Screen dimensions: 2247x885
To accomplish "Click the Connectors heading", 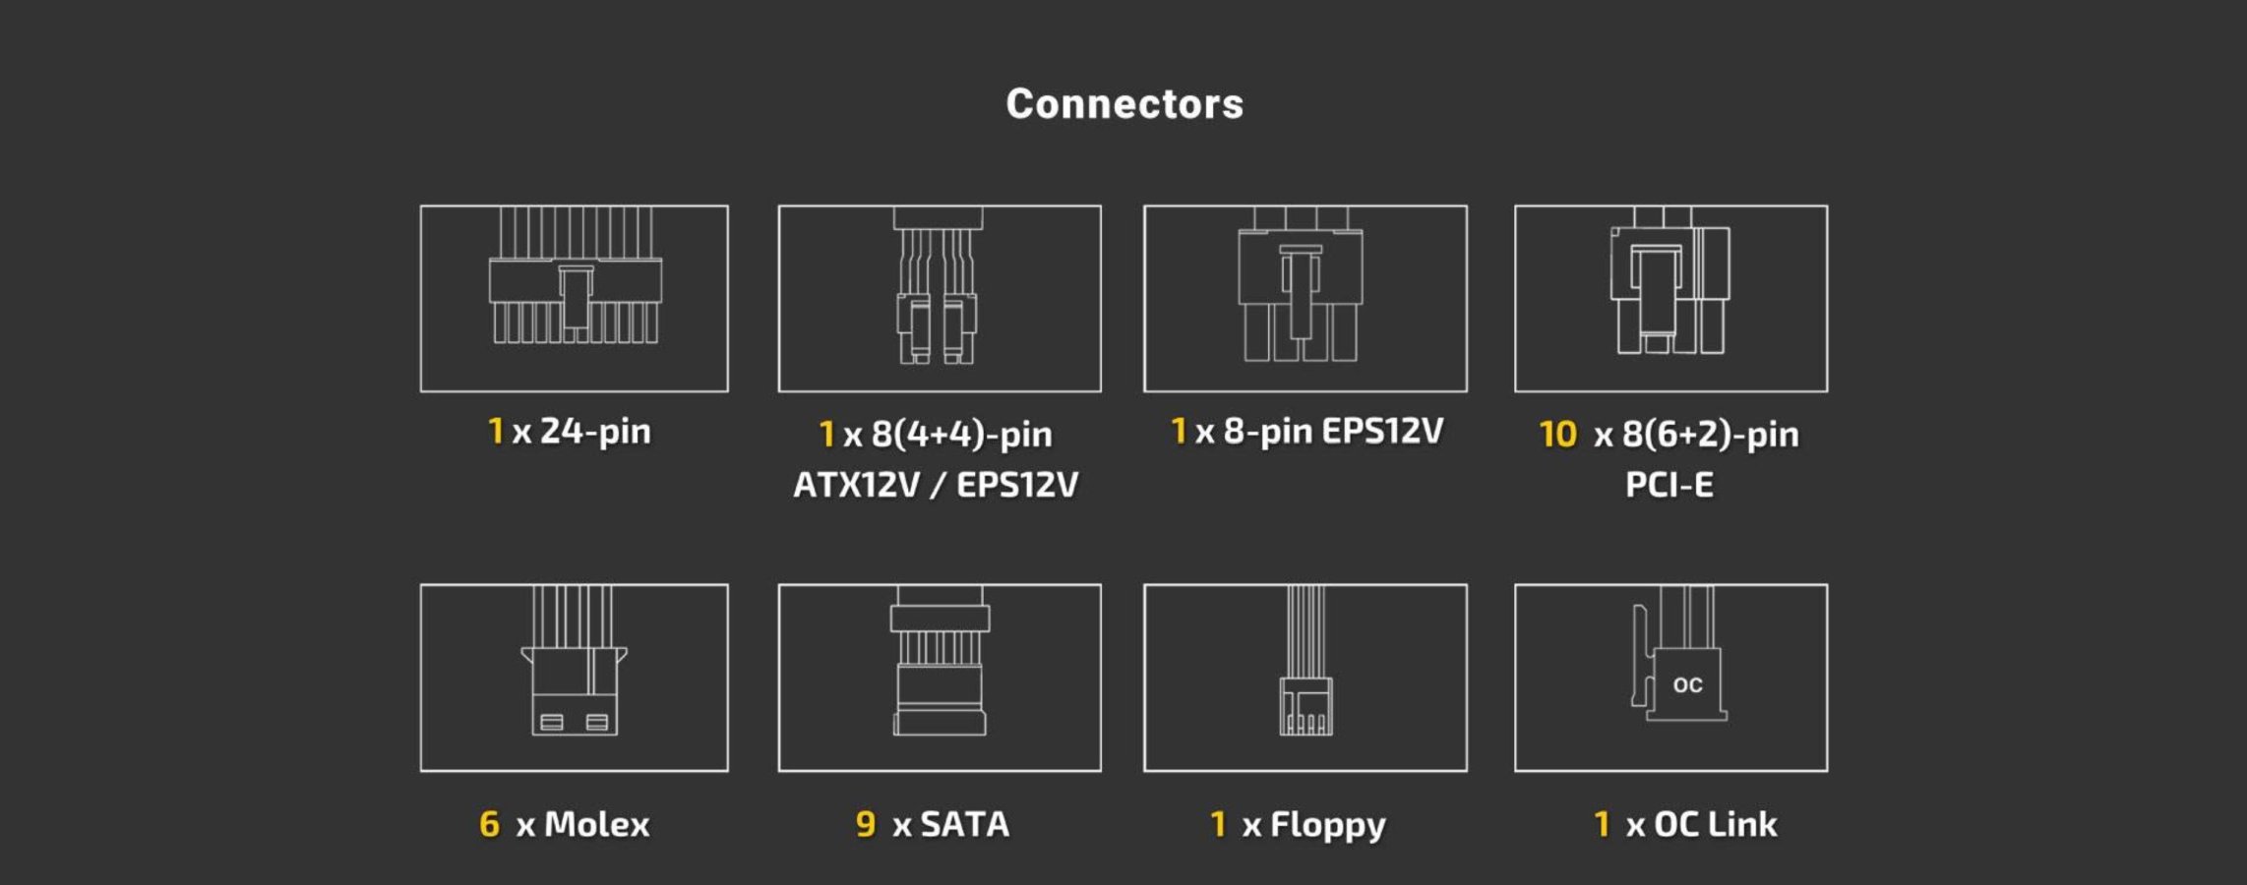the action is tap(1124, 104).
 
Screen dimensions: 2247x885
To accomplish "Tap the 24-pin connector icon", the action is tap(576, 275).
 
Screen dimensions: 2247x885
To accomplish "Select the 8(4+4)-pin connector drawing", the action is tap(938, 285).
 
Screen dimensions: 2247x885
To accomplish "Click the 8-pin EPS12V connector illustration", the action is tap(1301, 284).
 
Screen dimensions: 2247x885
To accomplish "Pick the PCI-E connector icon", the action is tap(1670, 281).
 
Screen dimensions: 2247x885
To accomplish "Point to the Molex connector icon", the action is tap(575, 661).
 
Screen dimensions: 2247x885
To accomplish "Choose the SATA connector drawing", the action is tap(940, 661).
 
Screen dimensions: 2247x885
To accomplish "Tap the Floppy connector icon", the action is tap(1306, 661).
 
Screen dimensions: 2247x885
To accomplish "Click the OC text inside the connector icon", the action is tap(1687, 685).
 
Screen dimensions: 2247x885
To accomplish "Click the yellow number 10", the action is tap(1557, 434).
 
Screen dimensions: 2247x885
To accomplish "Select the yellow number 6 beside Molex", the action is tap(489, 824).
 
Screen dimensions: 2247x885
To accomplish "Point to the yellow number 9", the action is tap(866, 824).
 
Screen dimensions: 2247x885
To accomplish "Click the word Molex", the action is tap(596, 824).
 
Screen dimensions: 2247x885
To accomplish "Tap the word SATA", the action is tap(964, 824).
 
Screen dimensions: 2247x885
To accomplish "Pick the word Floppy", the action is tap(1327, 826).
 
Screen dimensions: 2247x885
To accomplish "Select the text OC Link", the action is tap(1715, 824).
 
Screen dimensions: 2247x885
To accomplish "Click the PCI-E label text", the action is tap(1670, 485).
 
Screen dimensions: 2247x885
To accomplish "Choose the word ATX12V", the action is tap(856, 485).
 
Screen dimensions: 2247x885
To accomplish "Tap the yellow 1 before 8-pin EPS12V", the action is tap(1178, 430).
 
